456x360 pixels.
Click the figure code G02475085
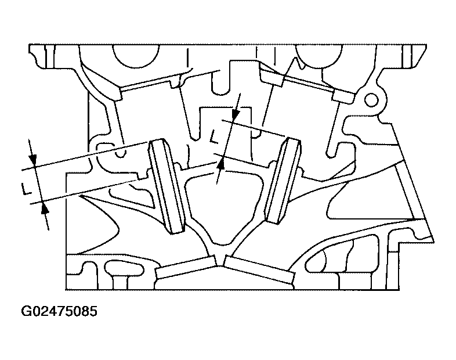[59, 311]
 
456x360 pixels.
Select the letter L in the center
[214, 137]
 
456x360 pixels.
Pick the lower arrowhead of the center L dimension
[221, 164]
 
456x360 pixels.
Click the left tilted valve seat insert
[167, 186]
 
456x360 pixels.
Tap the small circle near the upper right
[371, 100]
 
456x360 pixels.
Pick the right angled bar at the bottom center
[259, 269]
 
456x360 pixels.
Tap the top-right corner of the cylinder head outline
[426, 45]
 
